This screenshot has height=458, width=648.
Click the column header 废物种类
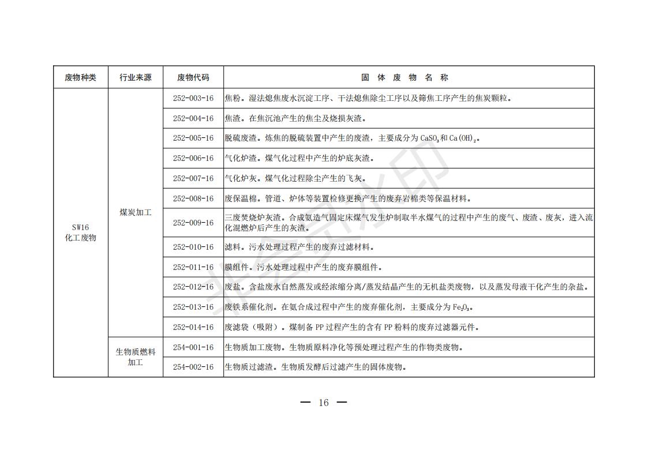(x=80, y=77)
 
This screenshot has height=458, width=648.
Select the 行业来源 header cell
(x=135, y=77)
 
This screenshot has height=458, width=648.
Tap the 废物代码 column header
(x=193, y=77)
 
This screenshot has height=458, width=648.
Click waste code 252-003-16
(x=193, y=98)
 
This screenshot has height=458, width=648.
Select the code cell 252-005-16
(x=193, y=138)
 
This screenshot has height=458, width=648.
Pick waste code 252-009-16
(x=193, y=223)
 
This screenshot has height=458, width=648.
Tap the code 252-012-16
(x=193, y=287)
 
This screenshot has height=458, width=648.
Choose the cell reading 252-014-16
(x=193, y=327)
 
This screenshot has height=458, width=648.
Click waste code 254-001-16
(x=193, y=347)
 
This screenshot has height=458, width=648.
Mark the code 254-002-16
(x=193, y=367)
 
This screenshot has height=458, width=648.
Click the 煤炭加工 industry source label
(x=135, y=212)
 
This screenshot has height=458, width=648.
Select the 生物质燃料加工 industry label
(x=135, y=357)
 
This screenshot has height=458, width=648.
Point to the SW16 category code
(x=80, y=227)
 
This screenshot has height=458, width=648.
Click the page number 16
(x=324, y=403)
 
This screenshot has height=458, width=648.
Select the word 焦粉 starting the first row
(x=231, y=98)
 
